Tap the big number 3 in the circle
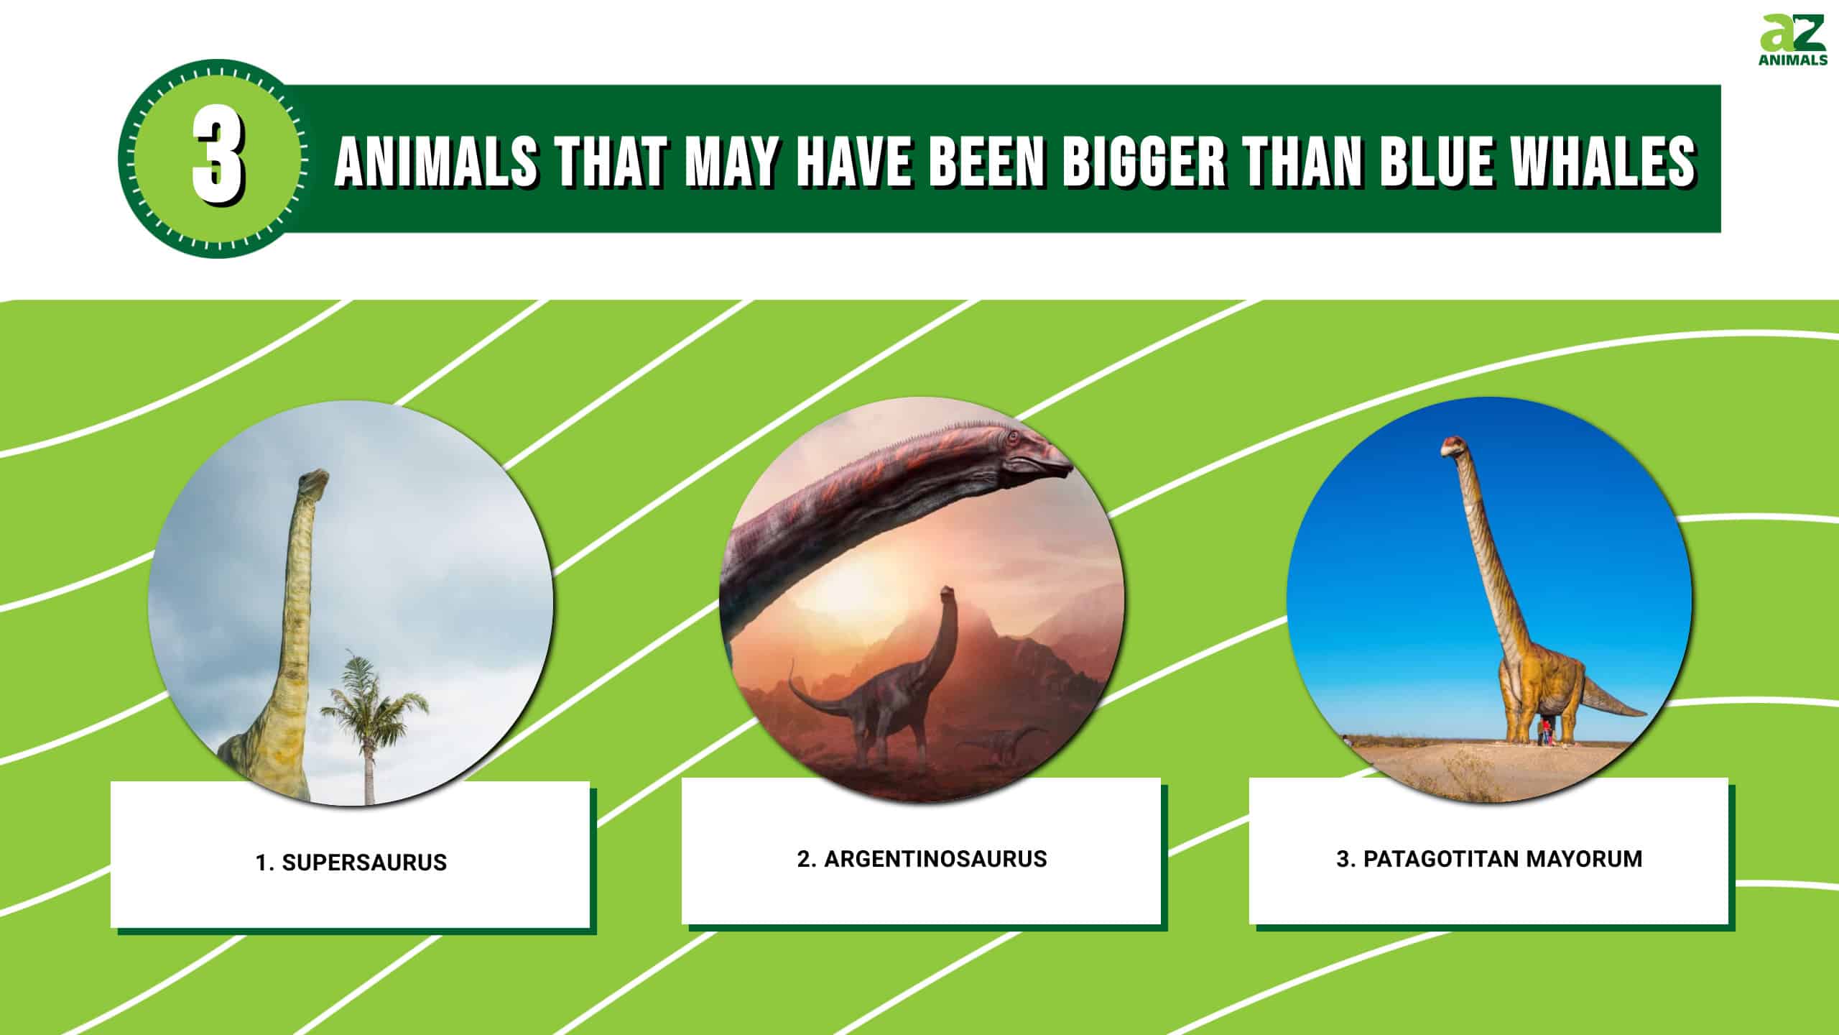[x=218, y=159]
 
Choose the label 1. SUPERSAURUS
[x=351, y=862]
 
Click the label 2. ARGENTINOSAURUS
[x=922, y=859]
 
